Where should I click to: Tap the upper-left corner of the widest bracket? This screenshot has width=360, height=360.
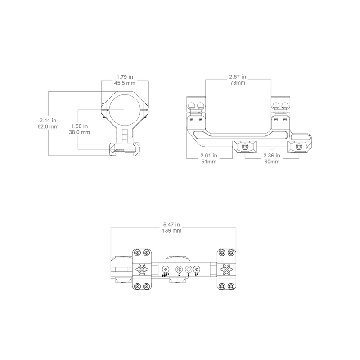click(x=111, y=228)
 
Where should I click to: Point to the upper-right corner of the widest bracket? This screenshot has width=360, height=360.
click(x=236, y=228)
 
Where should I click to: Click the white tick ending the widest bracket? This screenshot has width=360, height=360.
click(x=236, y=257)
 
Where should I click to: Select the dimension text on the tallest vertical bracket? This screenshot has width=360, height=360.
click(x=48, y=124)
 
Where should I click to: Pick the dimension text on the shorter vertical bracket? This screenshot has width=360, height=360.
click(x=81, y=130)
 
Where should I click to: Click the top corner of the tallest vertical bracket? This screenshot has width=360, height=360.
click(x=49, y=92)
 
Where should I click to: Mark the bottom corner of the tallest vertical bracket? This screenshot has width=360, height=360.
click(x=49, y=156)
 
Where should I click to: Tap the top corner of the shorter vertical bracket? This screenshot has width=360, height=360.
click(x=78, y=109)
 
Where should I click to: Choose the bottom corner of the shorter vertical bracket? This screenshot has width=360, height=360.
click(x=78, y=149)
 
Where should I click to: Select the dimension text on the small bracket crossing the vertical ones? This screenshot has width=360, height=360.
click(x=125, y=80)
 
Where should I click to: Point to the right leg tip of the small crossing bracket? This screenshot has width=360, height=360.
click(x=148, y=106)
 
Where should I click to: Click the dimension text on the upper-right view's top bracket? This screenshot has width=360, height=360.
click(x=237, y=79)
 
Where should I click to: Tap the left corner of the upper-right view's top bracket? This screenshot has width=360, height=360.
click(x=206, y=80)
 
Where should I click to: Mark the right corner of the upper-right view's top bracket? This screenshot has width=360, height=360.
click(x=271, y=80)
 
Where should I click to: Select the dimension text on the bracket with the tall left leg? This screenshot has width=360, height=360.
click(x=209, y=158)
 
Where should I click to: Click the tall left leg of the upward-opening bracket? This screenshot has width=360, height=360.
click(x=186, y=142)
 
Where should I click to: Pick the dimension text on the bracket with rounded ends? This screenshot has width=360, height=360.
click(x=272, y=158)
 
